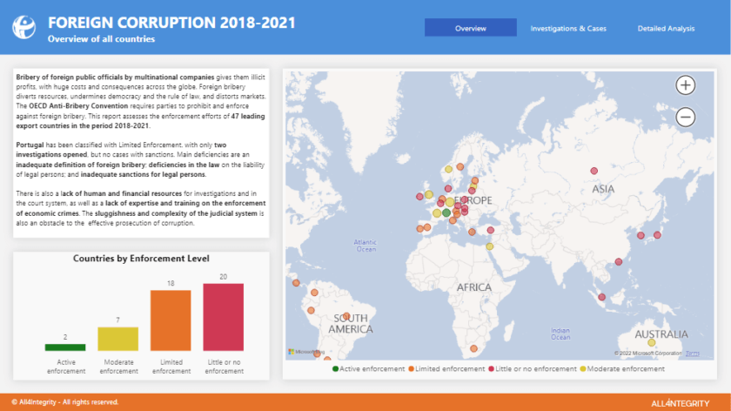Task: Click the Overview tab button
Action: [x=470, y=28]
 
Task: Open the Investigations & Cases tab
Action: [x=568, y=28]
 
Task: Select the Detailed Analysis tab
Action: [x=666, y=28]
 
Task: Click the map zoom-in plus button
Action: [x=686, y=84]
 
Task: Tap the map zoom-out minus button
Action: [x=686, y=116]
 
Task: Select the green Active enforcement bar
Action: [x=65, y=347]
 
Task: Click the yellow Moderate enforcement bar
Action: [x=117, y=339]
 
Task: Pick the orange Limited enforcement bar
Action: [x=171, y=320]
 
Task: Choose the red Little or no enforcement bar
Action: [x=223, y=317]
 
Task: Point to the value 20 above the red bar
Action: [x=223, y=277]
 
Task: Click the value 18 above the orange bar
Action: [x=171, y=283]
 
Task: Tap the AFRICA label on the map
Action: [x=474, y=286]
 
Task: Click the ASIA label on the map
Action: [x=603, y=188]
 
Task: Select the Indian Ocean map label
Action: [x=560, y=334]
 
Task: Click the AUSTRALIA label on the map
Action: [x=661, y=334]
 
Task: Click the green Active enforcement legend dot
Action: [x=335, y=369]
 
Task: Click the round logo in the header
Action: [x=24, y=27]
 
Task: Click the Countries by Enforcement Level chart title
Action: [x=140, y=259]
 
